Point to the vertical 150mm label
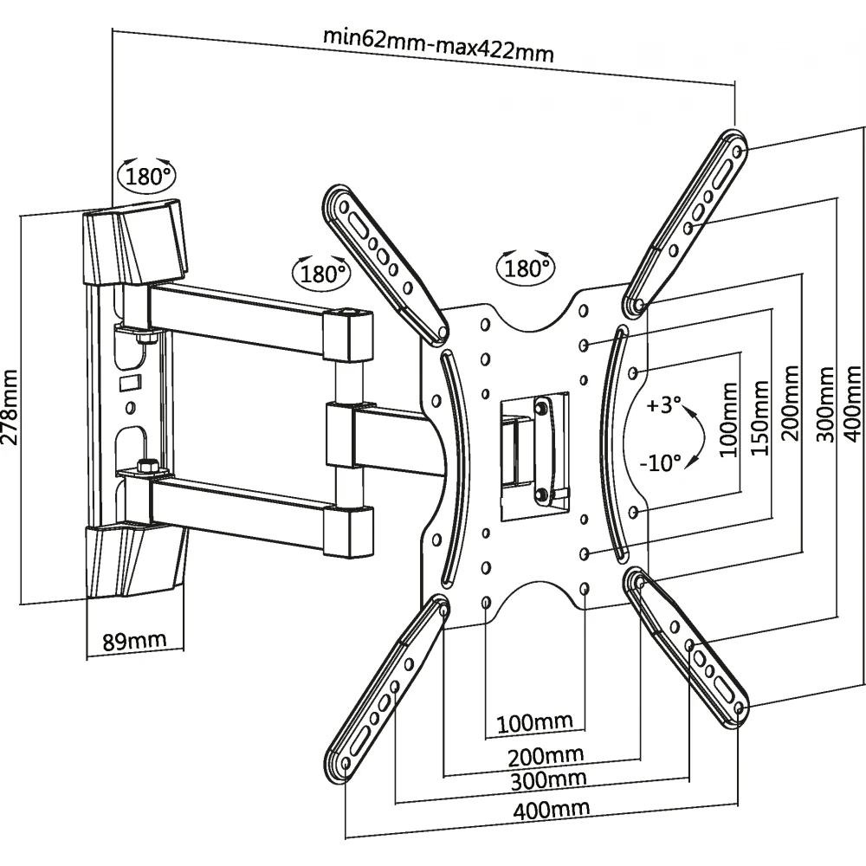pyautogui.click(x=759, y=421)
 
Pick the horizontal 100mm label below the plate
pyautogui.click(x=535, y=721)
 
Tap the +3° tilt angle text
pyautogui.click(x=663, y=405)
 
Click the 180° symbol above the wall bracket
pyautogui.click(x=148, y=176)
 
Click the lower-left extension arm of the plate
pyautogui.click(x=389, y=685)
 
